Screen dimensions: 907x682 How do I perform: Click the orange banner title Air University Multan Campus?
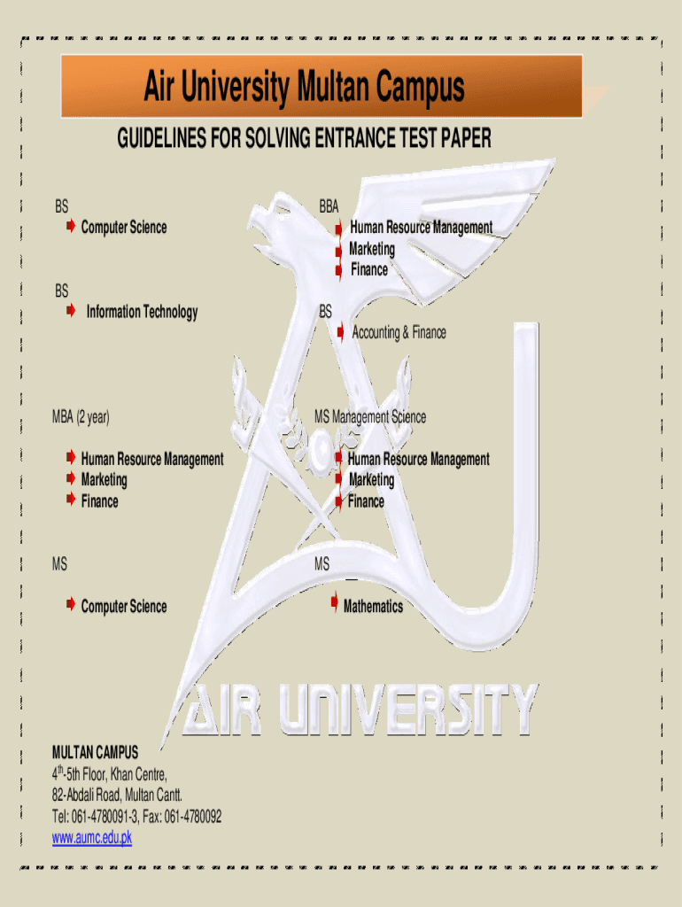304,88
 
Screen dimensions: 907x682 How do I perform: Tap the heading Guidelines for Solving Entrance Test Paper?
304,139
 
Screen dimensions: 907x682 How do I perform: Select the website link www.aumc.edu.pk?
92,838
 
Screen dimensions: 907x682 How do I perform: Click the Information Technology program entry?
142,312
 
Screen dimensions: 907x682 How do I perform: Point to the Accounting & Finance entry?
399,333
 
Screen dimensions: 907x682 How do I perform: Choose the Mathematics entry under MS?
373,607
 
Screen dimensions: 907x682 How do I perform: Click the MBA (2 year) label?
81,417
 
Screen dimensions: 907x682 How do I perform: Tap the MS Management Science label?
370,417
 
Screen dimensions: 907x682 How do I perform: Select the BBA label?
329,207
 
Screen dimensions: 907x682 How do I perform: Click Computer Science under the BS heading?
123,228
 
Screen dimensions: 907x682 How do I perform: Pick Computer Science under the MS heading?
123,607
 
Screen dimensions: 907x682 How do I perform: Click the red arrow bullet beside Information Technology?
69,312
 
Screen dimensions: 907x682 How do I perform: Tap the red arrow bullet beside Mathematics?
334,604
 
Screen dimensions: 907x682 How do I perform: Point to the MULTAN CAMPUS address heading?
96,753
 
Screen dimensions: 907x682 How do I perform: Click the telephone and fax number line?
137,817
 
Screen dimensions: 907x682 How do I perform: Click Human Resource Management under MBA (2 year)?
151,459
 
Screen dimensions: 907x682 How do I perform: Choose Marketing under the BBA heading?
372,249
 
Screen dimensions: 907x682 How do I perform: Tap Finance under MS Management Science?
366,501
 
